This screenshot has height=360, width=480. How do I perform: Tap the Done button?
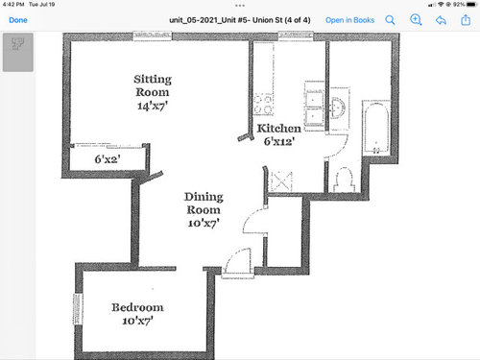pyautogui.click(x=18, y=20)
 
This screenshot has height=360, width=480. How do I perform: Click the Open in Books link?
pyautogui.click(x=349, y=20)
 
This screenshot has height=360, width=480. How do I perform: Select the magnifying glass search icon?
pyautogui.click(x=390, y=20)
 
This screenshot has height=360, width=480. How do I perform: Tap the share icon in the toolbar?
pyautogui.click(x=466, y=20)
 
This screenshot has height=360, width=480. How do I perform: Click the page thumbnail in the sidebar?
pyautogui.click(x=18, y=52)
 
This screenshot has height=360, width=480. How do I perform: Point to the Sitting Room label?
pyautogui.click(x=153, y=85)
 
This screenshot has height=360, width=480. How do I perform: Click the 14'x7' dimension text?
pyautogui.click(x=153, y=106)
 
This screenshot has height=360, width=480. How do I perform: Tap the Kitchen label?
pyautogui.click(x=278, y=129)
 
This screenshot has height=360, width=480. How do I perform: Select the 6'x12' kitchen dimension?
pyautogui.click(x=279, y=141)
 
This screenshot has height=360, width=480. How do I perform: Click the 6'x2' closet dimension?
pyautogui.click(x=108, y=159)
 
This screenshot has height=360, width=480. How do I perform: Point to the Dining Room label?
pyautogui.click(x=204, y=204)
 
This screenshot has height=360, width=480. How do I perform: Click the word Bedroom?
pyautogui.click(x=137, y=307)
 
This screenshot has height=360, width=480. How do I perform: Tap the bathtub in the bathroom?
pyautogui.click(x=376, y=128)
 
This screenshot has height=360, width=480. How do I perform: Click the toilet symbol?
pyautogui.click(x=344, y=180)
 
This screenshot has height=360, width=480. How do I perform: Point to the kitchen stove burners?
pyautogui.click(x=263, y=105)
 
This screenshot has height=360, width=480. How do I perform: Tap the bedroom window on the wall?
pyautogui.click(x=78, y=309)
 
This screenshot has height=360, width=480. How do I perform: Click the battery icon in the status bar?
pyautogui.click(x=471, y=5)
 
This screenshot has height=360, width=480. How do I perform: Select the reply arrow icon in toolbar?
pyautogui.click(x=441, y=20)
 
